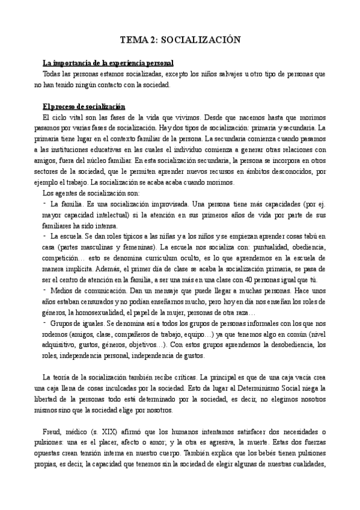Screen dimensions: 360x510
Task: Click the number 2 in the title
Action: pos(156,40)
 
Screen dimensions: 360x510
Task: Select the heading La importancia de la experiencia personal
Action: pos(108,63)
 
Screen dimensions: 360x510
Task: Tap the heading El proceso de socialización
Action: pos(84,106)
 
